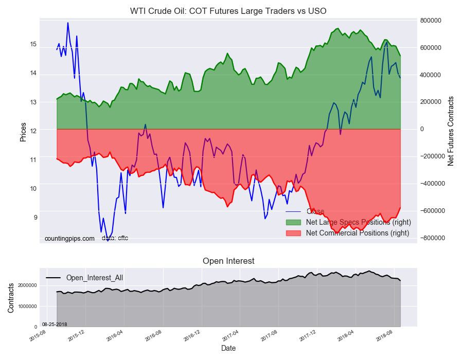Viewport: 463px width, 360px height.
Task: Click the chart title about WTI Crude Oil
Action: [x=228, y=11]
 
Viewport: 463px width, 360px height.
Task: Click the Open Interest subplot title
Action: [x=228, y=261]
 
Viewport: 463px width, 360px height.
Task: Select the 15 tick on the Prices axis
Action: [x=33, y=44]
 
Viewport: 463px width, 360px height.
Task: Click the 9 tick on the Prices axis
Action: [x=34, y=218]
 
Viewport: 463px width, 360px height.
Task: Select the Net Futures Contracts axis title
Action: [x=451, y=131]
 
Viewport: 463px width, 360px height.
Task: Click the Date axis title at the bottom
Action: [x=228, y=348]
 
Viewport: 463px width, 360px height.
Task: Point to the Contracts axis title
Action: [x=11, y=297]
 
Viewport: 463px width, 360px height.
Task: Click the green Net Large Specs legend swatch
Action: [x=293, y=222]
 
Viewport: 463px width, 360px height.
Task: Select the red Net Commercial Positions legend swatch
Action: [x=293, y=233]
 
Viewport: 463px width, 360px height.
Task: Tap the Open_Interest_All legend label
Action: [x=94, y=278]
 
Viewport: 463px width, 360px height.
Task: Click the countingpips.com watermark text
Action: [x=69, y=239]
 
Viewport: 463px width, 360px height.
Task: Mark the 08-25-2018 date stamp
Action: [x=55, y=325]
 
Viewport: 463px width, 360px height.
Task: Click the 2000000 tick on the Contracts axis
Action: [x=28, y=285]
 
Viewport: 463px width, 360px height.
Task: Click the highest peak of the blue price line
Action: [x=67, y=23]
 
